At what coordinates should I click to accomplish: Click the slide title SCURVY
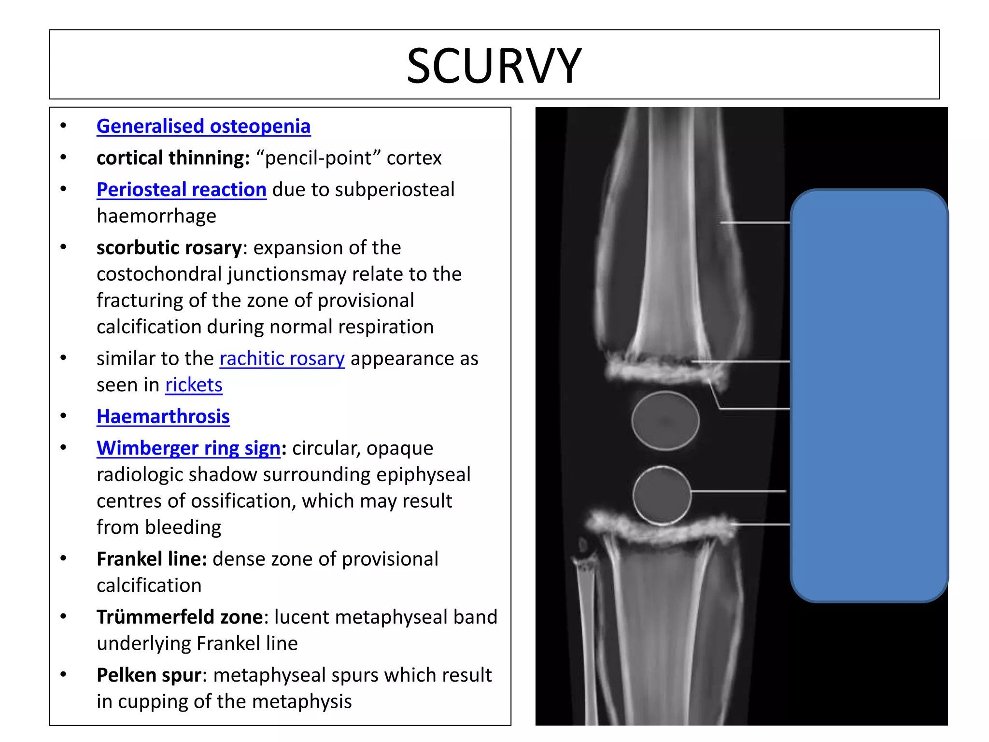[494, 66]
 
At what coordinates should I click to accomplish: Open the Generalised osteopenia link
[203, 127]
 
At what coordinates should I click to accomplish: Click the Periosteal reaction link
[181, 190]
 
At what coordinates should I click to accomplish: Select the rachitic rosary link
[282, 359]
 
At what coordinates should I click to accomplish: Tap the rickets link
[194, 385]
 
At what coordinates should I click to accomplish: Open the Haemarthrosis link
[163, 417]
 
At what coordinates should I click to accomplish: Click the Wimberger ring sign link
[188, 448]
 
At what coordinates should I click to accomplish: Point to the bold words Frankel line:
[152, 559]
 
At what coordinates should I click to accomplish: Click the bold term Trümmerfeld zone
[180, 617]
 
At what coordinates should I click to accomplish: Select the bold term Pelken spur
[149, 675]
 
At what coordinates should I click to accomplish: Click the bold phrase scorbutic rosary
[169, 248]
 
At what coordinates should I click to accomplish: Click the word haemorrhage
[156, 216]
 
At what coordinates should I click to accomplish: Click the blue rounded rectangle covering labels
[869, 395]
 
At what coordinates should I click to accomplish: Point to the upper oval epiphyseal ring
[665, 421]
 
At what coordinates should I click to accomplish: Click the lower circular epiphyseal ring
[662, 496]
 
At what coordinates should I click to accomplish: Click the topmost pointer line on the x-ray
[754, 223]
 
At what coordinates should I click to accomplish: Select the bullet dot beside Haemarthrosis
[63, 416]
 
